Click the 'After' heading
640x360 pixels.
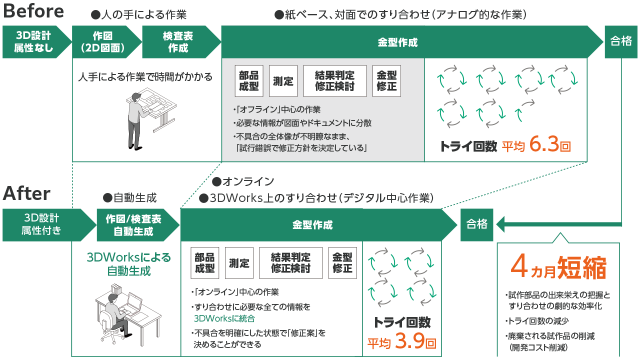pos(27,193)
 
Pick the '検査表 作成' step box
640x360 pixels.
pos(178,42)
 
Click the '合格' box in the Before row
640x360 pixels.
pos(621,42)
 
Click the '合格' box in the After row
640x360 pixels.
pos(476,224)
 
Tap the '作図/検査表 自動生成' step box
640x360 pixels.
pos(133,224)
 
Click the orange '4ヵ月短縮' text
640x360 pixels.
pos(558,268)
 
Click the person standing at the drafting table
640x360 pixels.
pos(136,119)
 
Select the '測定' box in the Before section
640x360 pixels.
pos(283,81)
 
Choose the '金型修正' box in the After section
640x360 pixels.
pos(342,263)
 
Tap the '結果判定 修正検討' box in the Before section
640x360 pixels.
pos(334,81)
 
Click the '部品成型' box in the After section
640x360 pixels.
pos(205,263)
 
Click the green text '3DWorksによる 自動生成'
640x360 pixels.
pos(128,264)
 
